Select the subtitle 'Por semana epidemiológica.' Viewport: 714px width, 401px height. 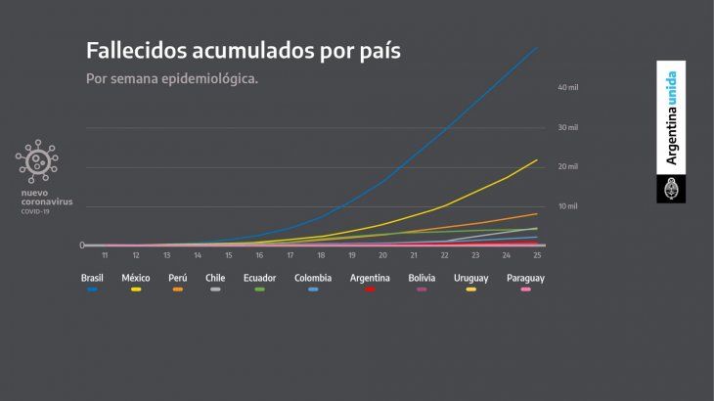coord(172,77)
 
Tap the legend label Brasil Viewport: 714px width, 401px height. coord(92,278)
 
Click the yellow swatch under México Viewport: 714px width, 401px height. coord(135,290)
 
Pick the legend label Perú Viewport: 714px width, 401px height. coord(177,278)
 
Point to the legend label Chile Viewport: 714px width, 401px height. coord(215,278)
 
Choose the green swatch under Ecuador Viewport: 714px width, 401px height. coord(259,290)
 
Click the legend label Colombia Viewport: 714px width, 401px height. coord(313,278)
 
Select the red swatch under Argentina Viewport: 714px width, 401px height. coord(370,290)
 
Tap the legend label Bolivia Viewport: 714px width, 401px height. coord(424,278)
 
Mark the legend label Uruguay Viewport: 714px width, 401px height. coord(471,278)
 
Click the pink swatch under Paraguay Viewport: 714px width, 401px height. coord(525,290)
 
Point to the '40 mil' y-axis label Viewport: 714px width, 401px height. coord(568,88)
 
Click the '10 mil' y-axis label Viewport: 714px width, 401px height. coord(568,206)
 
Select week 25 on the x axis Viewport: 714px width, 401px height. coord(537,255)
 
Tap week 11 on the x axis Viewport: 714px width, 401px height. coord(105,255)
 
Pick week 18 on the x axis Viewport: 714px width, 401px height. coord(321,255)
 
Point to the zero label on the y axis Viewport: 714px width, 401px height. coord(82,245)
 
